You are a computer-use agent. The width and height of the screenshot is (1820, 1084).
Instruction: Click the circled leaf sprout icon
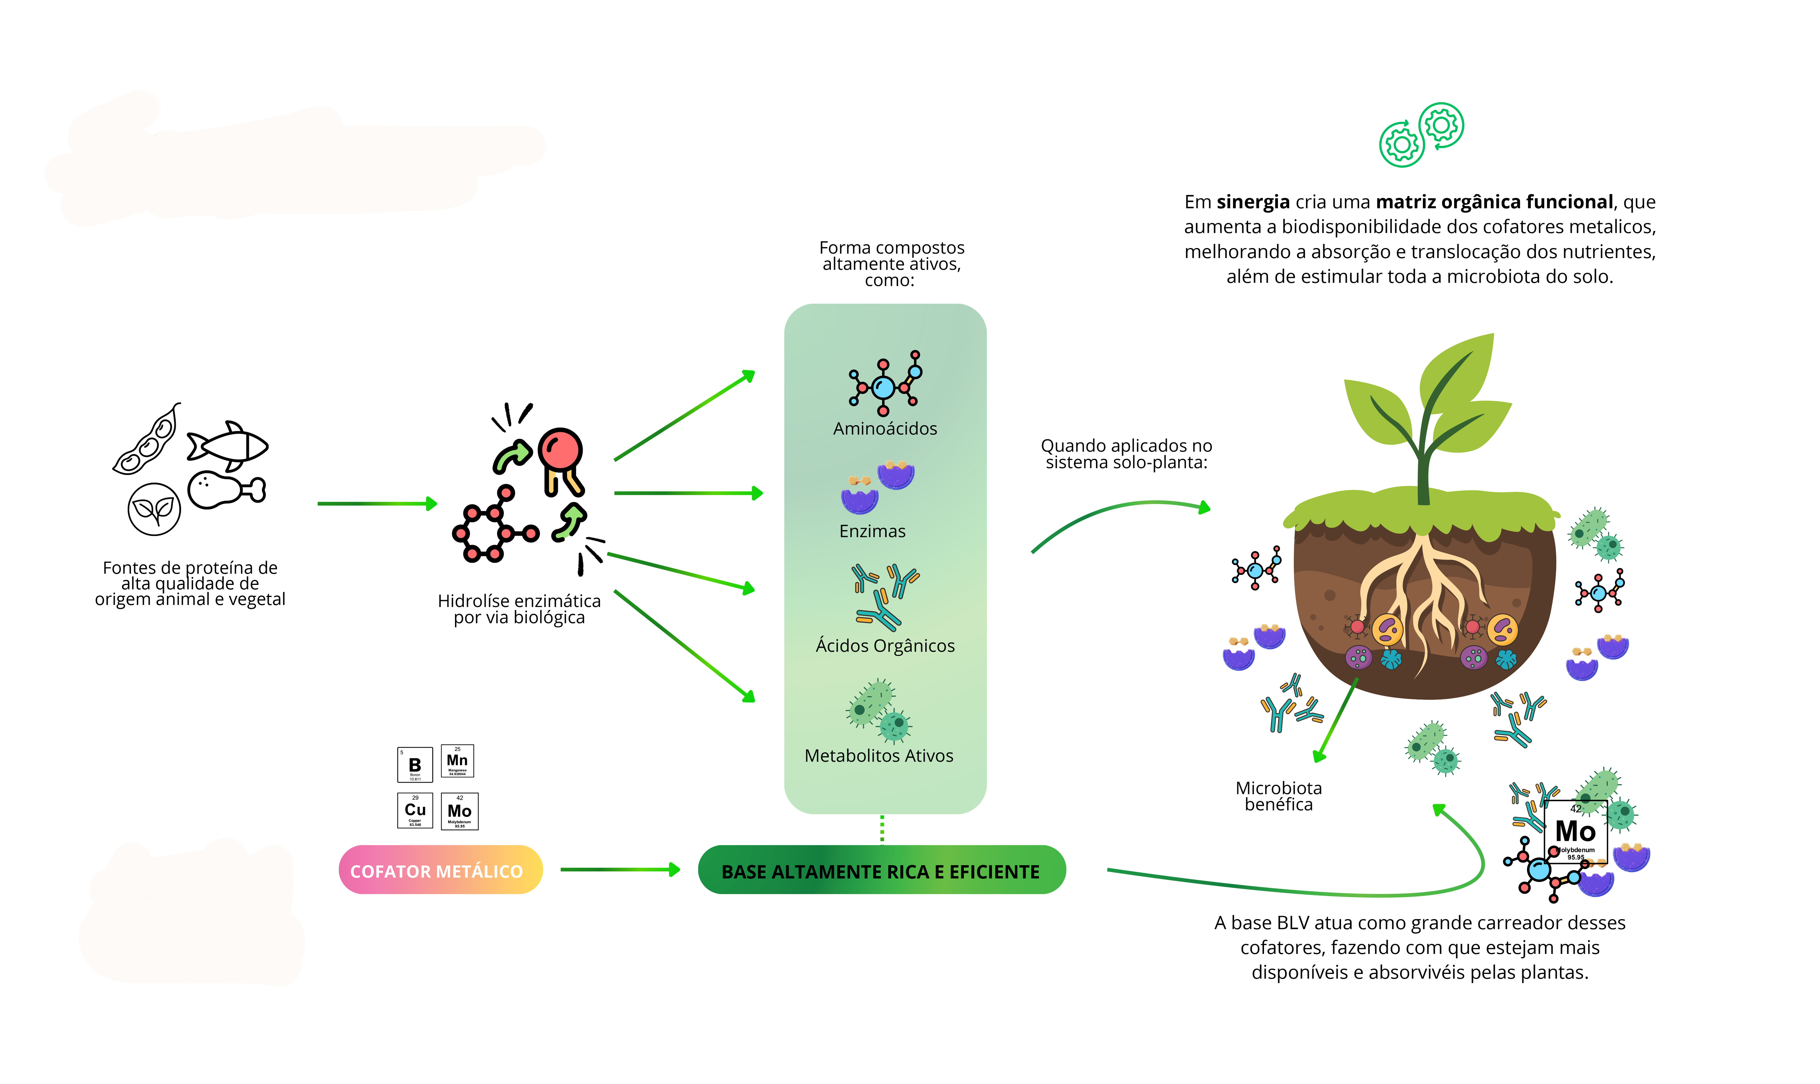(154, 509)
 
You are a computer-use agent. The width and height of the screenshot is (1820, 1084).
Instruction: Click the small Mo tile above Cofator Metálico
(460, 811)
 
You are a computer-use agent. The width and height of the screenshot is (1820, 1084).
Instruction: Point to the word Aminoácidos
(885, 429)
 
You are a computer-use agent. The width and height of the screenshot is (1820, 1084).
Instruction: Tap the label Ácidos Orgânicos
(885, 646)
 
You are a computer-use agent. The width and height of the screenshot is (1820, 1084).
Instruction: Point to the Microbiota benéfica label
(1279, 796)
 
